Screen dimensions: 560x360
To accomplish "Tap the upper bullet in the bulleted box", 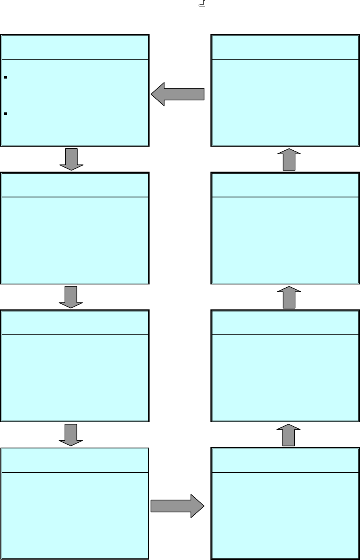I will (x=5, y=77).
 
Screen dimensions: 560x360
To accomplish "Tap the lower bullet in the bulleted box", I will (x=5, y=114).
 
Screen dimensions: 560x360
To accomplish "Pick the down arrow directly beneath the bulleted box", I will (x=71, y=160).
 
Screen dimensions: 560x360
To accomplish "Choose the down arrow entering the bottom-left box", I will (x=71, y=435).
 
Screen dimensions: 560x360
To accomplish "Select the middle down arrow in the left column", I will (x=71, y=297).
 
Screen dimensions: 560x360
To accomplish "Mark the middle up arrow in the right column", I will (x=289, y=297).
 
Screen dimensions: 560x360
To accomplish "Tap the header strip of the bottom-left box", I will (x=75, y=460).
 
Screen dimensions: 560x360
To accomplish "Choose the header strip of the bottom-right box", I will (x=285, y=460).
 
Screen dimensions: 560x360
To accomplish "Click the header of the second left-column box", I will (x=75, y=185).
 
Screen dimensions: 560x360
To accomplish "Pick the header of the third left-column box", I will (x=75, y=323).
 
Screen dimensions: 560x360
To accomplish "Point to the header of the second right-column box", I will (x=285, y=185).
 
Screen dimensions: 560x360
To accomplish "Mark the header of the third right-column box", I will (x=285, y=323).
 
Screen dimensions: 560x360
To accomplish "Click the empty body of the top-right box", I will (x=285, y=103).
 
